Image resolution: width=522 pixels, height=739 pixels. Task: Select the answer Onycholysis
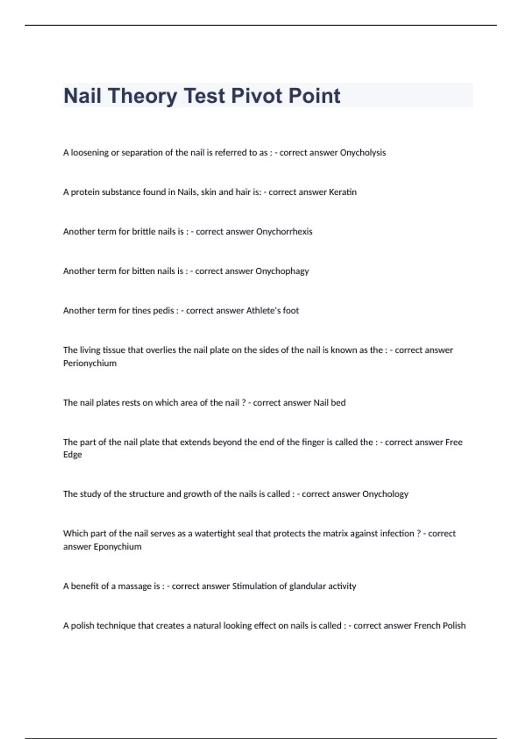[363, 153]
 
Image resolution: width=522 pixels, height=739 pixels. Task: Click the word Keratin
[343, 192]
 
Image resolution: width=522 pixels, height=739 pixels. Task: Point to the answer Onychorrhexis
[284, 232]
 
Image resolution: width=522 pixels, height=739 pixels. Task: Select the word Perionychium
[90, 363]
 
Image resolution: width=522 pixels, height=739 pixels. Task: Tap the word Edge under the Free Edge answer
[72, 455]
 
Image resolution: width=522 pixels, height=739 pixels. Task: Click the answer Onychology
[385, 494]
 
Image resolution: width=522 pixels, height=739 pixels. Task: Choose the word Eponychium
[117, 546]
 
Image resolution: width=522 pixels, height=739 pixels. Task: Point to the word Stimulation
[254, 586]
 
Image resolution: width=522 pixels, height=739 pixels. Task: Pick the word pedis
[163, 310]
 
